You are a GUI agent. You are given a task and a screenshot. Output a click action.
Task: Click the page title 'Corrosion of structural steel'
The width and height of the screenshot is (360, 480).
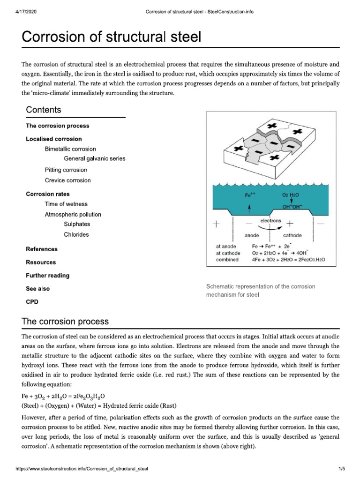click(x=112, y=36)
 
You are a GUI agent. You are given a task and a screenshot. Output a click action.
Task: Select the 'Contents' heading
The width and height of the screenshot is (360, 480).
click(x=43, y=110)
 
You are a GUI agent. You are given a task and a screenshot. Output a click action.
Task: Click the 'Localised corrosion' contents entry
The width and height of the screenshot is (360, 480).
click(x=53, y=139)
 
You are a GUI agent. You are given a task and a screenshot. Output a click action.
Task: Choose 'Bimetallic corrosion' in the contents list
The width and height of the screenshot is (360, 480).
click(x=70, y=149)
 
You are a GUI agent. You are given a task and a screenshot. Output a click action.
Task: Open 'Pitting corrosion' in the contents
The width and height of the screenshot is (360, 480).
click(x=66, y=170)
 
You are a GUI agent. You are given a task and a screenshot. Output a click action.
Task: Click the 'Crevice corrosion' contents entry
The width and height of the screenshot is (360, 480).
click(x=67, y=180)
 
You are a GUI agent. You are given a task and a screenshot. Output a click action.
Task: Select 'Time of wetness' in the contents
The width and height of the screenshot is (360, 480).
click(x=66, y=204)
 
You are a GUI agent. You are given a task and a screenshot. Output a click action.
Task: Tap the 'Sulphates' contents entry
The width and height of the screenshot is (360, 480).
click(x=77, y=225)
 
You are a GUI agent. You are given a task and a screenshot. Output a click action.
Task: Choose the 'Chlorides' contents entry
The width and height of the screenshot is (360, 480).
click(x=76, y=234)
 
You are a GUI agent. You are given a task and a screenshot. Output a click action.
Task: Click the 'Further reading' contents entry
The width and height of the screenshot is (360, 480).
click(x=47, y=276)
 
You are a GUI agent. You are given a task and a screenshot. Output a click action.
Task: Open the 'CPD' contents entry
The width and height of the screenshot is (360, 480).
click(x=32, y=302)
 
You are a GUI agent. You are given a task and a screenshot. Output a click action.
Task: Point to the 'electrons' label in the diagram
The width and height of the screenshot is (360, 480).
click(x=270, y=220)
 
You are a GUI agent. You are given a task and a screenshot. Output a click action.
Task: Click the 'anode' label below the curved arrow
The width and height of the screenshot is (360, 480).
click(x=252, y=235)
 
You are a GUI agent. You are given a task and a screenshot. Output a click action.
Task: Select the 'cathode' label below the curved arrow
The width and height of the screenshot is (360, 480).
click(x=292, y=235)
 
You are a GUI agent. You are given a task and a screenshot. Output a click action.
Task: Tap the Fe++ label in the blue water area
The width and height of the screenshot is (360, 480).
click(x=250, y=195)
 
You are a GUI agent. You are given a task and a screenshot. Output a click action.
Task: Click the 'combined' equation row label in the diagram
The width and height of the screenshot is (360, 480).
click(x=227, y=259)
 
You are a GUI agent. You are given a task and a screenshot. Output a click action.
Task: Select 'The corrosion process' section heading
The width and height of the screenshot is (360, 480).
click(x=65, y=322)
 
